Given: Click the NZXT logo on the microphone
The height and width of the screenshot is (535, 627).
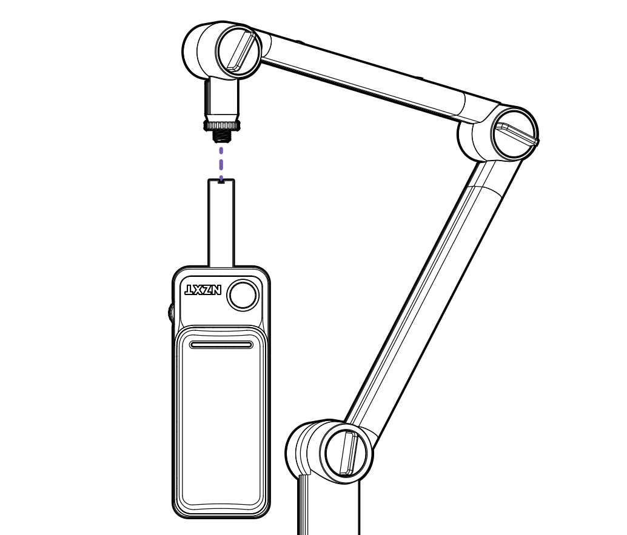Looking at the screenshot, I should (203, 290).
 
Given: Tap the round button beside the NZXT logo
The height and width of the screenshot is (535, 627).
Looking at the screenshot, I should (243, 295).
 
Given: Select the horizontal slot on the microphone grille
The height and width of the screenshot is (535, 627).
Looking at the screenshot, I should (221, 345).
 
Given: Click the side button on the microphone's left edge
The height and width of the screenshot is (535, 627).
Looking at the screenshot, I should (171, 313).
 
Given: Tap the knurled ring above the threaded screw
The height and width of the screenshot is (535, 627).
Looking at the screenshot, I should (222, 125).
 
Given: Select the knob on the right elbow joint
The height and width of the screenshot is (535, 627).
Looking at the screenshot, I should (515, 134).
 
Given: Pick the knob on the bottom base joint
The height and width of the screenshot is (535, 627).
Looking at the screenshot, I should (348, 453).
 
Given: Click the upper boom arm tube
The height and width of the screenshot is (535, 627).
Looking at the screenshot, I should (364, 76).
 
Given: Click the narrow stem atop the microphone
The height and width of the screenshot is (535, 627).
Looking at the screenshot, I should (221, 224).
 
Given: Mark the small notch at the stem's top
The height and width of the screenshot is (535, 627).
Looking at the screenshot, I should (221, 181).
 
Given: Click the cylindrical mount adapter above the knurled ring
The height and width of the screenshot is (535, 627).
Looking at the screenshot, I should (222, 97).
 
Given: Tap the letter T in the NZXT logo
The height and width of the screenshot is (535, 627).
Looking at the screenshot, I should (190, 290).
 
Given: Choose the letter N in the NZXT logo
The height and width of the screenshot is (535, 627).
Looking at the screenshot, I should (216, 290).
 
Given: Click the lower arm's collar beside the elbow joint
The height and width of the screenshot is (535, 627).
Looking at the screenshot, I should (488, 176).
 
